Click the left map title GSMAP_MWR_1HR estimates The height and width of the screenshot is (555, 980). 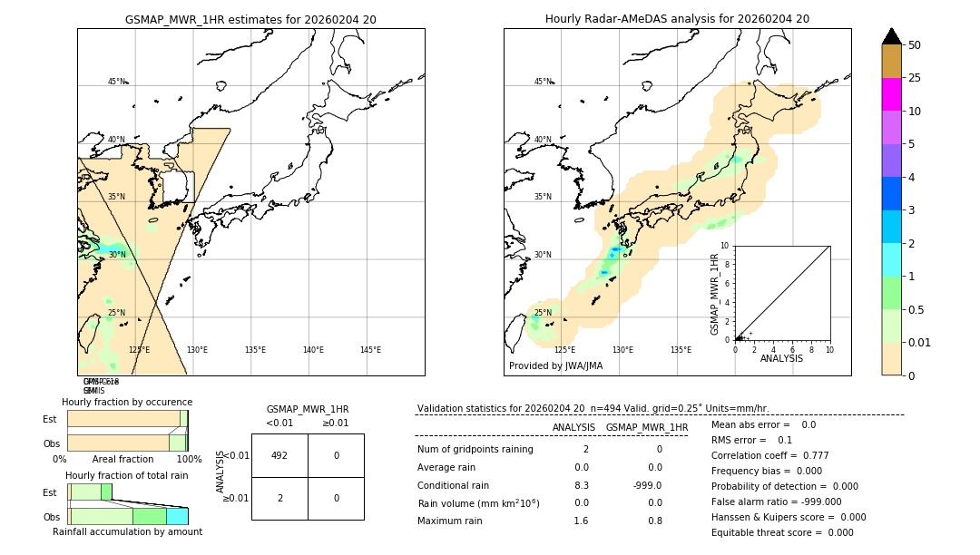[250, 19]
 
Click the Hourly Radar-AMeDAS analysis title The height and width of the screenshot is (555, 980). [677, 19]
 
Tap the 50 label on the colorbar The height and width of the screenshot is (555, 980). [916, 45]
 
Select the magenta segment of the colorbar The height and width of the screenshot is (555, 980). [891, 94]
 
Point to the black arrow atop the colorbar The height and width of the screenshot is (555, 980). [891, 36]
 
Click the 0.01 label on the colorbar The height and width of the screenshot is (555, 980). [920, 342]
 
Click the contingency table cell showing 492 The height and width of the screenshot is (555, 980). [279, 455]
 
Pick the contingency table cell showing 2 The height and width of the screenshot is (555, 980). [279, 498]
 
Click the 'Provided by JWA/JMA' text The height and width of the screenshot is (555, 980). [555, 366]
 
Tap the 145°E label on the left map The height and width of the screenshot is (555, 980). [370, 350]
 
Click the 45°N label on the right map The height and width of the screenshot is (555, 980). [543, 82]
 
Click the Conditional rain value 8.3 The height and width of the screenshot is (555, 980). [581, 485]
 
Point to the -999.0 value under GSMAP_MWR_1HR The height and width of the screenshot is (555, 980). [646, 485]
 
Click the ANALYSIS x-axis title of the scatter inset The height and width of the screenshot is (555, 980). [781, 359]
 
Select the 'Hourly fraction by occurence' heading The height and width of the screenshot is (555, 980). [127, 402]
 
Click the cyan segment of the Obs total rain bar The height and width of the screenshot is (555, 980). [177, 516]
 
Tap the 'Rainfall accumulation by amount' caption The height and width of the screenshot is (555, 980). [127, 532]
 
